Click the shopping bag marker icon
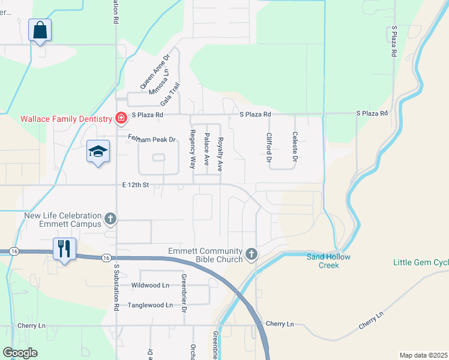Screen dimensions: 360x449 click(40, 29)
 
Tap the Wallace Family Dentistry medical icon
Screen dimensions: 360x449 click(121, 118)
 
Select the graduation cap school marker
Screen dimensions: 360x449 click(98, 151)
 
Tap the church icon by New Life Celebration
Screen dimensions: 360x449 click(110, 220)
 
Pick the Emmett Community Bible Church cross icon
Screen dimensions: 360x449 click(252, 255)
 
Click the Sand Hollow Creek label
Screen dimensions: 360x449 click(328, 261)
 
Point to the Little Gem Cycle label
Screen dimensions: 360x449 click(420, 262)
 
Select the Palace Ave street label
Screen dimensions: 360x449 click(206, 149)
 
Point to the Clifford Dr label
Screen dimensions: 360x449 click(270, 148)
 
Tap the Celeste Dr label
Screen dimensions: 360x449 click(294, 148)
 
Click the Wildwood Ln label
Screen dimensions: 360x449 click(149, 285)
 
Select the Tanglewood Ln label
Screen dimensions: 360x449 click(150, 305)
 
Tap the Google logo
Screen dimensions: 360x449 click(20, 353)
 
